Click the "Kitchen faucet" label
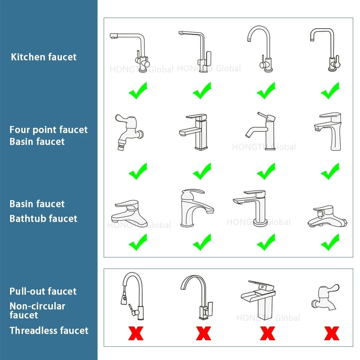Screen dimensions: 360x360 click(x=44, y=57)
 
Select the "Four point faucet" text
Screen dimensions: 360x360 click(x=49, y=130)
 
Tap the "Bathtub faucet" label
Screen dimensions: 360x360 click(x=43, y=219)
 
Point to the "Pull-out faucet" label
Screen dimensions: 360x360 click(x=43, y=291)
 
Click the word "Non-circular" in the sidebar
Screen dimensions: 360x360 click(x=37, y=306)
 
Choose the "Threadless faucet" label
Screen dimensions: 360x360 click(x=49, y=330)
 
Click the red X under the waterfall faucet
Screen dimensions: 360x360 click(x=267, y=333)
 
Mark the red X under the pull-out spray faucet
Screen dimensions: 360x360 click(x=135, y=333)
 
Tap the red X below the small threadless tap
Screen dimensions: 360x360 click(x=331, y=333)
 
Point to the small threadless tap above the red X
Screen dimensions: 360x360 click(x=325, y=297)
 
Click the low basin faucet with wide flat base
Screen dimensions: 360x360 click(x=129, y=212)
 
